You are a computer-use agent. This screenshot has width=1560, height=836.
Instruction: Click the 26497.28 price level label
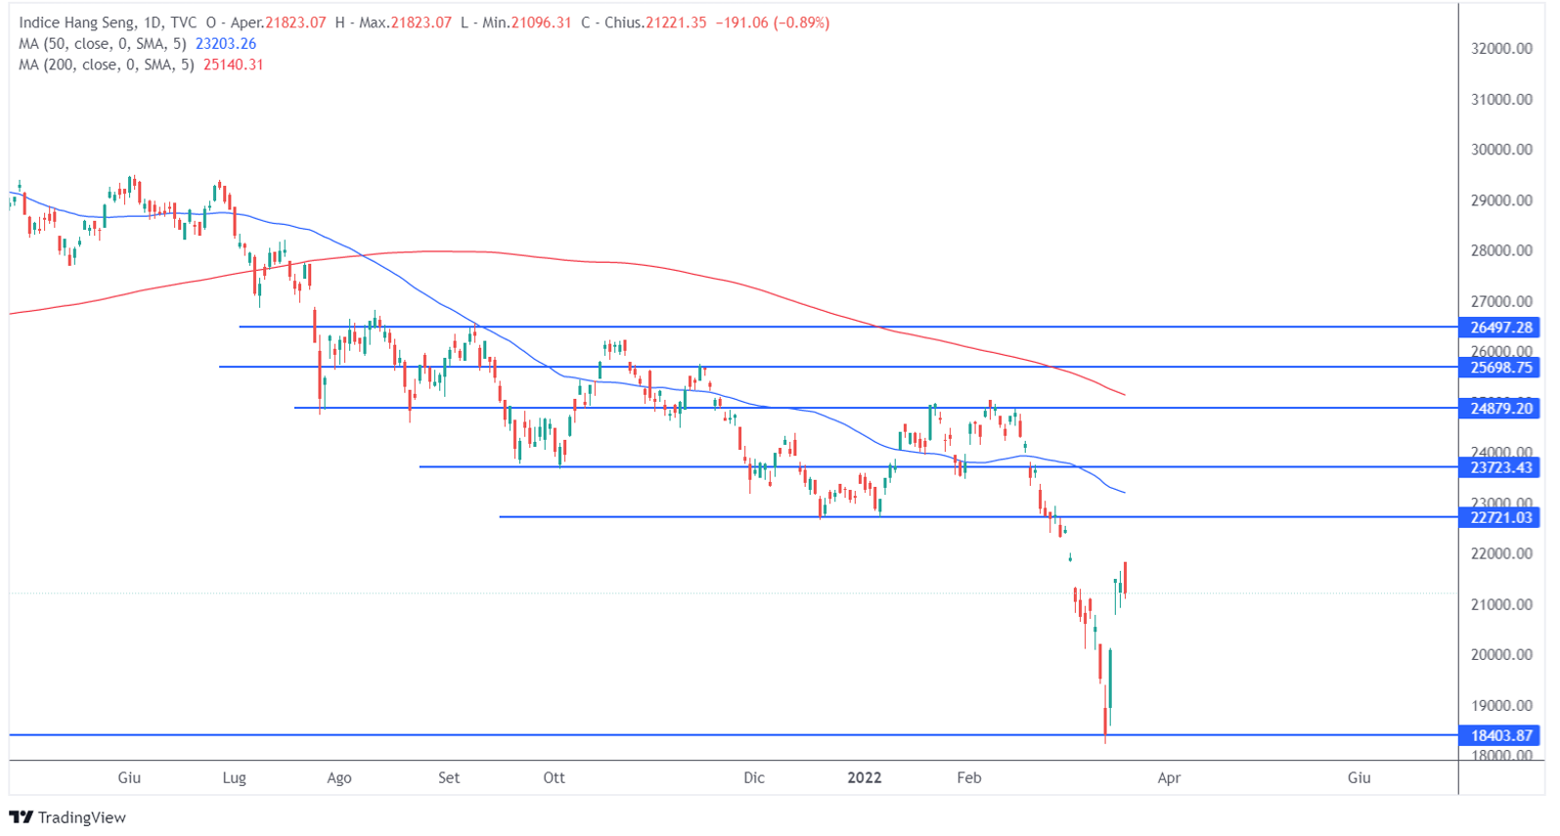[1500, 328]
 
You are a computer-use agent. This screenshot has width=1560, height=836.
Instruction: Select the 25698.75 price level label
[1500, 368]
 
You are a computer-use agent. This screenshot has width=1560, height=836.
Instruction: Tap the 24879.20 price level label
[1500, 409]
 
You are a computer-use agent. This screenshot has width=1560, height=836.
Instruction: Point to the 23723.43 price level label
[1500, 467]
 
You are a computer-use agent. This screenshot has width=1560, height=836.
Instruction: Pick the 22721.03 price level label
[1500, 517]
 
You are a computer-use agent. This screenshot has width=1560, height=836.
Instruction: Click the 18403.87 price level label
[1500, 735]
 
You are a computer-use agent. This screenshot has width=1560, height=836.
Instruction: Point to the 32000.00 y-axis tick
[1500, 49]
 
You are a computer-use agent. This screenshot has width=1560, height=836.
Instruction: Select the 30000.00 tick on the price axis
[1500, 150]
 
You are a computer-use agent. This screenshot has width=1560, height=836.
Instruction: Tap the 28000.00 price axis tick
[1500, 250]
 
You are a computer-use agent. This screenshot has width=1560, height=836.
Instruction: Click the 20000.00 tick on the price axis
[1500, 654]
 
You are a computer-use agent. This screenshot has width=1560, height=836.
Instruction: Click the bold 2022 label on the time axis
[864, 778]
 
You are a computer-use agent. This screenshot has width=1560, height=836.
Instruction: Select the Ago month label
[338, 778]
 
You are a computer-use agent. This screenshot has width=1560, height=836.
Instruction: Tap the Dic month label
[753, 778]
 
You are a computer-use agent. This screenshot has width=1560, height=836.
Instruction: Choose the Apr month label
[1169, 778]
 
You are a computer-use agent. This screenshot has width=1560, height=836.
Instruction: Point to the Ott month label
[554, 778]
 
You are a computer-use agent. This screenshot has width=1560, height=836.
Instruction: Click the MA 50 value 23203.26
[226, 44]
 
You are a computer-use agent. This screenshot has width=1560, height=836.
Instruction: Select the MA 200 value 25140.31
[234, 65]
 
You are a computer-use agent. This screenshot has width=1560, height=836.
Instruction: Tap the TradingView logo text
[81, 817]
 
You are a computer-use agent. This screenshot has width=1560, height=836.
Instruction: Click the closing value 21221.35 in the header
[675, 22]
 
